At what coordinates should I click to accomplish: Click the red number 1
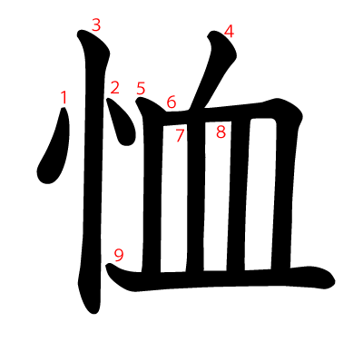[64, 97]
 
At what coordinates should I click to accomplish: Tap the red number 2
[114, 88]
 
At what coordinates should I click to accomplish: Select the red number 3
[96, 25]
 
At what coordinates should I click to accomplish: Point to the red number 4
[229, 32]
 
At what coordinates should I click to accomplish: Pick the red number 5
[141, 89]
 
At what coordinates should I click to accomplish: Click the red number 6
[172, 102]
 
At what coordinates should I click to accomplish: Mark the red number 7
[180, 135]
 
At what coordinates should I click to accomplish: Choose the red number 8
[221, 132]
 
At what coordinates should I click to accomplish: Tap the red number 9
[119, 256]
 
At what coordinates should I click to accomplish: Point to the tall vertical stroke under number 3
[93, 170]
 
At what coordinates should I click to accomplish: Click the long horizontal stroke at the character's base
[221, 278]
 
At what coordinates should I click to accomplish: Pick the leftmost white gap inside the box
[174, 198]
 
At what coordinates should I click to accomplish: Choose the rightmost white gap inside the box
[260, 193]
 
